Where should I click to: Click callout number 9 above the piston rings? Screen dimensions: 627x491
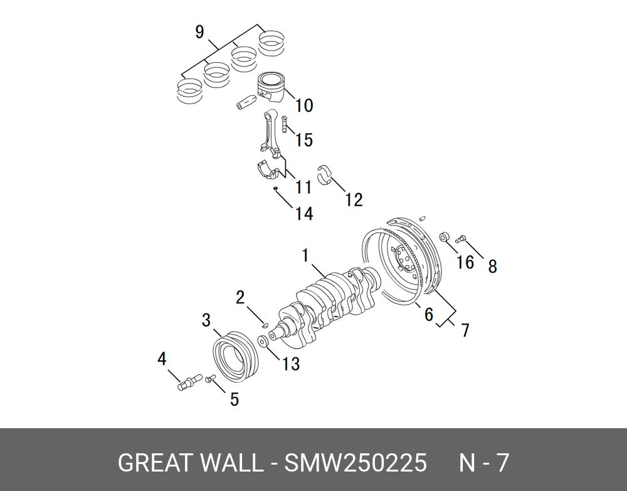click(199, 31)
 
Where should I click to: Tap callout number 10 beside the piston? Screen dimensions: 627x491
click(303, 105)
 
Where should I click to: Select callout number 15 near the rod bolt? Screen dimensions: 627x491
click(303, 139)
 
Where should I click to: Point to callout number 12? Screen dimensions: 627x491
click(354, 200)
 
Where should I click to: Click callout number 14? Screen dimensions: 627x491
click(303, 213)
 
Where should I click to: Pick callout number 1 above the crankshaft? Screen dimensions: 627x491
click(305, 256)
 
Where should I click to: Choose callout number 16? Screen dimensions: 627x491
click(465, 261)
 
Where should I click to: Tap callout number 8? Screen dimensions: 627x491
click(492, 266)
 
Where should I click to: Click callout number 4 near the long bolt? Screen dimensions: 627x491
click(162, 359)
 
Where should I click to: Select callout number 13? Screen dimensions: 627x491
click(291, 364)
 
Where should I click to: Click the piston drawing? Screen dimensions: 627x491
click(271, 87)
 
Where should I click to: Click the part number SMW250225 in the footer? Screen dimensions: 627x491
click(356, 463)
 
